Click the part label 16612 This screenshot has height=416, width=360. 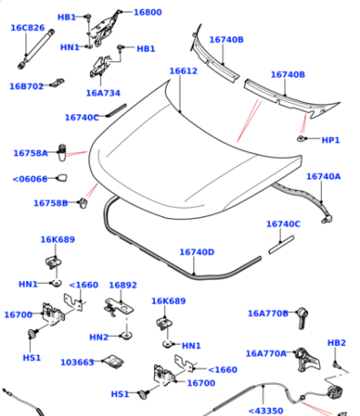pos(183,71)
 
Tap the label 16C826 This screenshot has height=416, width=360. pos(27,27)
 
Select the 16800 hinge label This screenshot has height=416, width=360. pos(148,12)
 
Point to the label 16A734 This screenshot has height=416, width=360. pos(103,93)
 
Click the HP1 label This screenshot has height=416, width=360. pos(331,140)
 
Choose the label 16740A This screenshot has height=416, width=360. pos(324,176)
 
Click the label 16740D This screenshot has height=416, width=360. pos(197,252)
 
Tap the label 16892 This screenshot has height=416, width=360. pos(123,285)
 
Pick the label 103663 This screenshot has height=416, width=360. pos(77,362)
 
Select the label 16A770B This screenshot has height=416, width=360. pos(268,313)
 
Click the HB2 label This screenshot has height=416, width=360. pos(336,343)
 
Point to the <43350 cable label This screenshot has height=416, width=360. pos(266,411)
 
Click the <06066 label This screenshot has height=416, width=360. pos(30,179)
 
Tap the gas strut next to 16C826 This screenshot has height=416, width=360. pos(36,48)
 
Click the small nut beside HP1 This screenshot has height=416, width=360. pos(301,139)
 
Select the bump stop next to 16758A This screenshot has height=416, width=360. pos(62,152)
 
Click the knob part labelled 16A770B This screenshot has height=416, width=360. pos(303,317)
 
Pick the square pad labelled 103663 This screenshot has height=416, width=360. pos(113,360)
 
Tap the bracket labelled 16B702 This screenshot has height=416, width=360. pos(57,83)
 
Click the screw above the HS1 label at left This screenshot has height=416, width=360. pos(32,333)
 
